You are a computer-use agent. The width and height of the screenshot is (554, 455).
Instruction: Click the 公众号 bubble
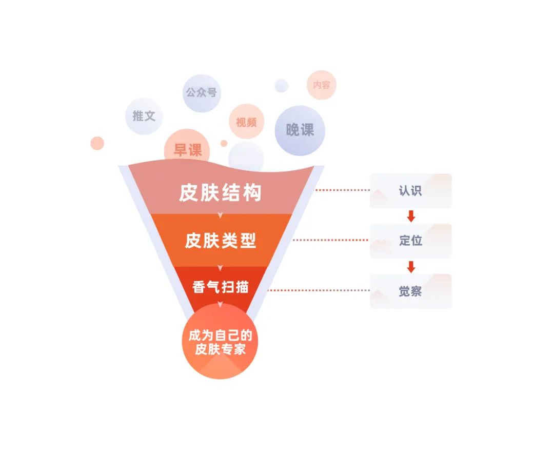pyautogui.click(x=201, y=93)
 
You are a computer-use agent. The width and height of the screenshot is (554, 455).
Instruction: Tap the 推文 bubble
pyautogui.click(x=144, y=116)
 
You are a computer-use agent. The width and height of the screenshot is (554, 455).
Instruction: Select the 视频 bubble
pyautogui.click(x=246, y=122)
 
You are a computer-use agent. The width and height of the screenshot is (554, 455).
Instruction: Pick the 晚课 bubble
pyautogui.click(x=300, y=130)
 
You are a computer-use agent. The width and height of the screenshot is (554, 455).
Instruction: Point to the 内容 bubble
pyautogui.click(x=322, y=85)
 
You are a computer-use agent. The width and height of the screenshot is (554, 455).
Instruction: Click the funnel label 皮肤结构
pyautogui.click(x=220, y=192)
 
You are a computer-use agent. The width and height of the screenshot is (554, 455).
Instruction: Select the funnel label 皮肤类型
pyautogui.click(x=220, y=240)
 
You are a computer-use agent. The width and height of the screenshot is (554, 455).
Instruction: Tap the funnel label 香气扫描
pyautogui.click(x=220, y=286)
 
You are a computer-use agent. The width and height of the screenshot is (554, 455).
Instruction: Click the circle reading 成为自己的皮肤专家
pyautogui.click(x=220, y=341)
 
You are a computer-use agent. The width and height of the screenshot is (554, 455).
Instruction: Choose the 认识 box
pyautogui.click(x=410, y=191)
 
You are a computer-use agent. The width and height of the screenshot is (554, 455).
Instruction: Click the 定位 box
pyautogui.click(x=410, y=241)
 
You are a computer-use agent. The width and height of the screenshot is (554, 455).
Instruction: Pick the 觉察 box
pyautogui.click(x=410, y=291)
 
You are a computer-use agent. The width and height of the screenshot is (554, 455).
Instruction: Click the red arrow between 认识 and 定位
pyautogui.click(x=410, y=216)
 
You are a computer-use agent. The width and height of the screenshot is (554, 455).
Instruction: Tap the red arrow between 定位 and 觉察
pyautogui.click(x=410, y=267)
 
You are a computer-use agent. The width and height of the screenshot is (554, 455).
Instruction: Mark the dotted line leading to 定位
pyautogui.click(x=331, y=240)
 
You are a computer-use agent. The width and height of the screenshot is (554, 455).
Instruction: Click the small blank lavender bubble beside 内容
pyautogui.click(x=281, y=86)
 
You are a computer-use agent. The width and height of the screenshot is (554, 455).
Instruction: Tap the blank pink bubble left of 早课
pyautogui.click(x=97, y=143)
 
